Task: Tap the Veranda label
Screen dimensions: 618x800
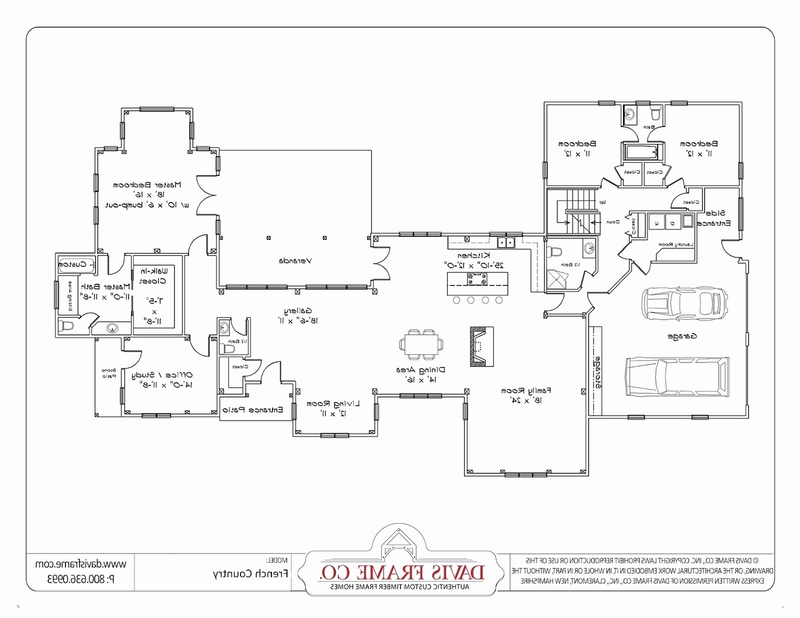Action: click(295, 260)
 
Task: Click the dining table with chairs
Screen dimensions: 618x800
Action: click(421, 344)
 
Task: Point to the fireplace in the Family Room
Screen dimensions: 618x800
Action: click(481, 346)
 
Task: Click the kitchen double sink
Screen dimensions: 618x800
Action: click(506, 242)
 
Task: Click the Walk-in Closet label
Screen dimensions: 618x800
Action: click(154, 275)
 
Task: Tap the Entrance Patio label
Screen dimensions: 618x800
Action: click(252, 410)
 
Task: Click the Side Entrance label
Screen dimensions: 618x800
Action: click(715, 218)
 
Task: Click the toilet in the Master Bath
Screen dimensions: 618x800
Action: click(66, 326)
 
